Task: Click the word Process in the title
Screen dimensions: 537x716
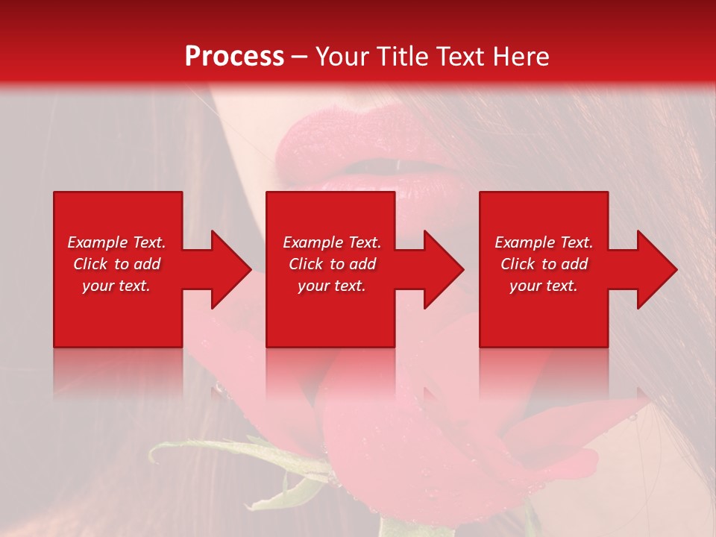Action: (x=234, y=57)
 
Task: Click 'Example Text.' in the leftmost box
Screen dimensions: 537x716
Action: (x=116, y=242)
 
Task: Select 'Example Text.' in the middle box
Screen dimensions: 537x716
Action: (x=332, y=242)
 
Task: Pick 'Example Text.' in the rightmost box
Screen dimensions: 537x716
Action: (x=544, y=242)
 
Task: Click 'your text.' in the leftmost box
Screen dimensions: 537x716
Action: (x=116, y=286)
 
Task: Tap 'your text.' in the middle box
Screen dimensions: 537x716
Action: (x=332, y=286)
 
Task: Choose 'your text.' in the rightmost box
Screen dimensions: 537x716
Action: (x=544, y=286)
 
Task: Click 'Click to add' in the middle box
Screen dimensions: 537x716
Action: (x=332, y=264)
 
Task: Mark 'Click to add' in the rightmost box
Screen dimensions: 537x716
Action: (x=544, y=264)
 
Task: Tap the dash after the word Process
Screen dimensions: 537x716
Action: (x=299, y=57)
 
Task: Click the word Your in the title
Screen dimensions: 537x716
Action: (x=341, y=57)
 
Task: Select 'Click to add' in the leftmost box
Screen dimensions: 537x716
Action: (x=116, y=264)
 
